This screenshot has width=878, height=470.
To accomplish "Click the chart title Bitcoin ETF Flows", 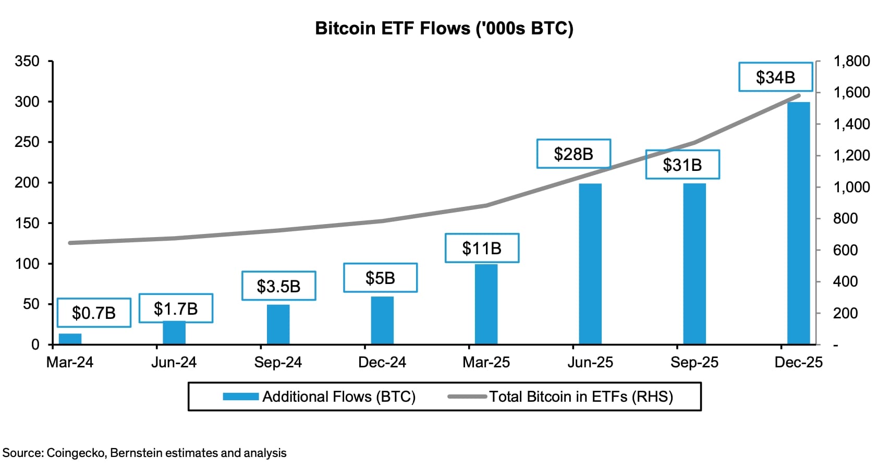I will tap(444, 28).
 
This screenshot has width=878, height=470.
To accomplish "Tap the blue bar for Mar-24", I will tap(70, 339).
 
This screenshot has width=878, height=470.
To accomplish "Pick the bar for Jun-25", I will tap(590, 264).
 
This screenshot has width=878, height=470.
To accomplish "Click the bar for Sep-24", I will tap(278, 324).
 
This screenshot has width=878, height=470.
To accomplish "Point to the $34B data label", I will tap(775, 77).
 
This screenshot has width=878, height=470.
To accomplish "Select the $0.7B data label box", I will tap(94, 313).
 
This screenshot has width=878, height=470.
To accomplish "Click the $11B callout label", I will tap(481, 248).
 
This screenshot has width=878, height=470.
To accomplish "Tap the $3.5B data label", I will tap(278, 286).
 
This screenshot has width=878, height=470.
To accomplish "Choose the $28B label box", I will tap(573, 154).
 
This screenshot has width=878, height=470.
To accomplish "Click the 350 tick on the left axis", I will tap(27, 61).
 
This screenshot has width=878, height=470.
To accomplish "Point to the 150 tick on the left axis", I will tap(27, 223).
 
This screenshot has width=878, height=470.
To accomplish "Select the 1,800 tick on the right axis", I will tap(851, 61).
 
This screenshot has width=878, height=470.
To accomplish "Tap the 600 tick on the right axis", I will tap(845, 250).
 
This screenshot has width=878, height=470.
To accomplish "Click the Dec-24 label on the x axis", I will tap(382, 363).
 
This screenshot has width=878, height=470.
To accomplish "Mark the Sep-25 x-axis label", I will tap(694, 363).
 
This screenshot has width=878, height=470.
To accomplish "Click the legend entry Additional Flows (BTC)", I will tap(319, 397).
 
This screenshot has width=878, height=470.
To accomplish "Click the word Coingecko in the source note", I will tap(77, 453).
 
